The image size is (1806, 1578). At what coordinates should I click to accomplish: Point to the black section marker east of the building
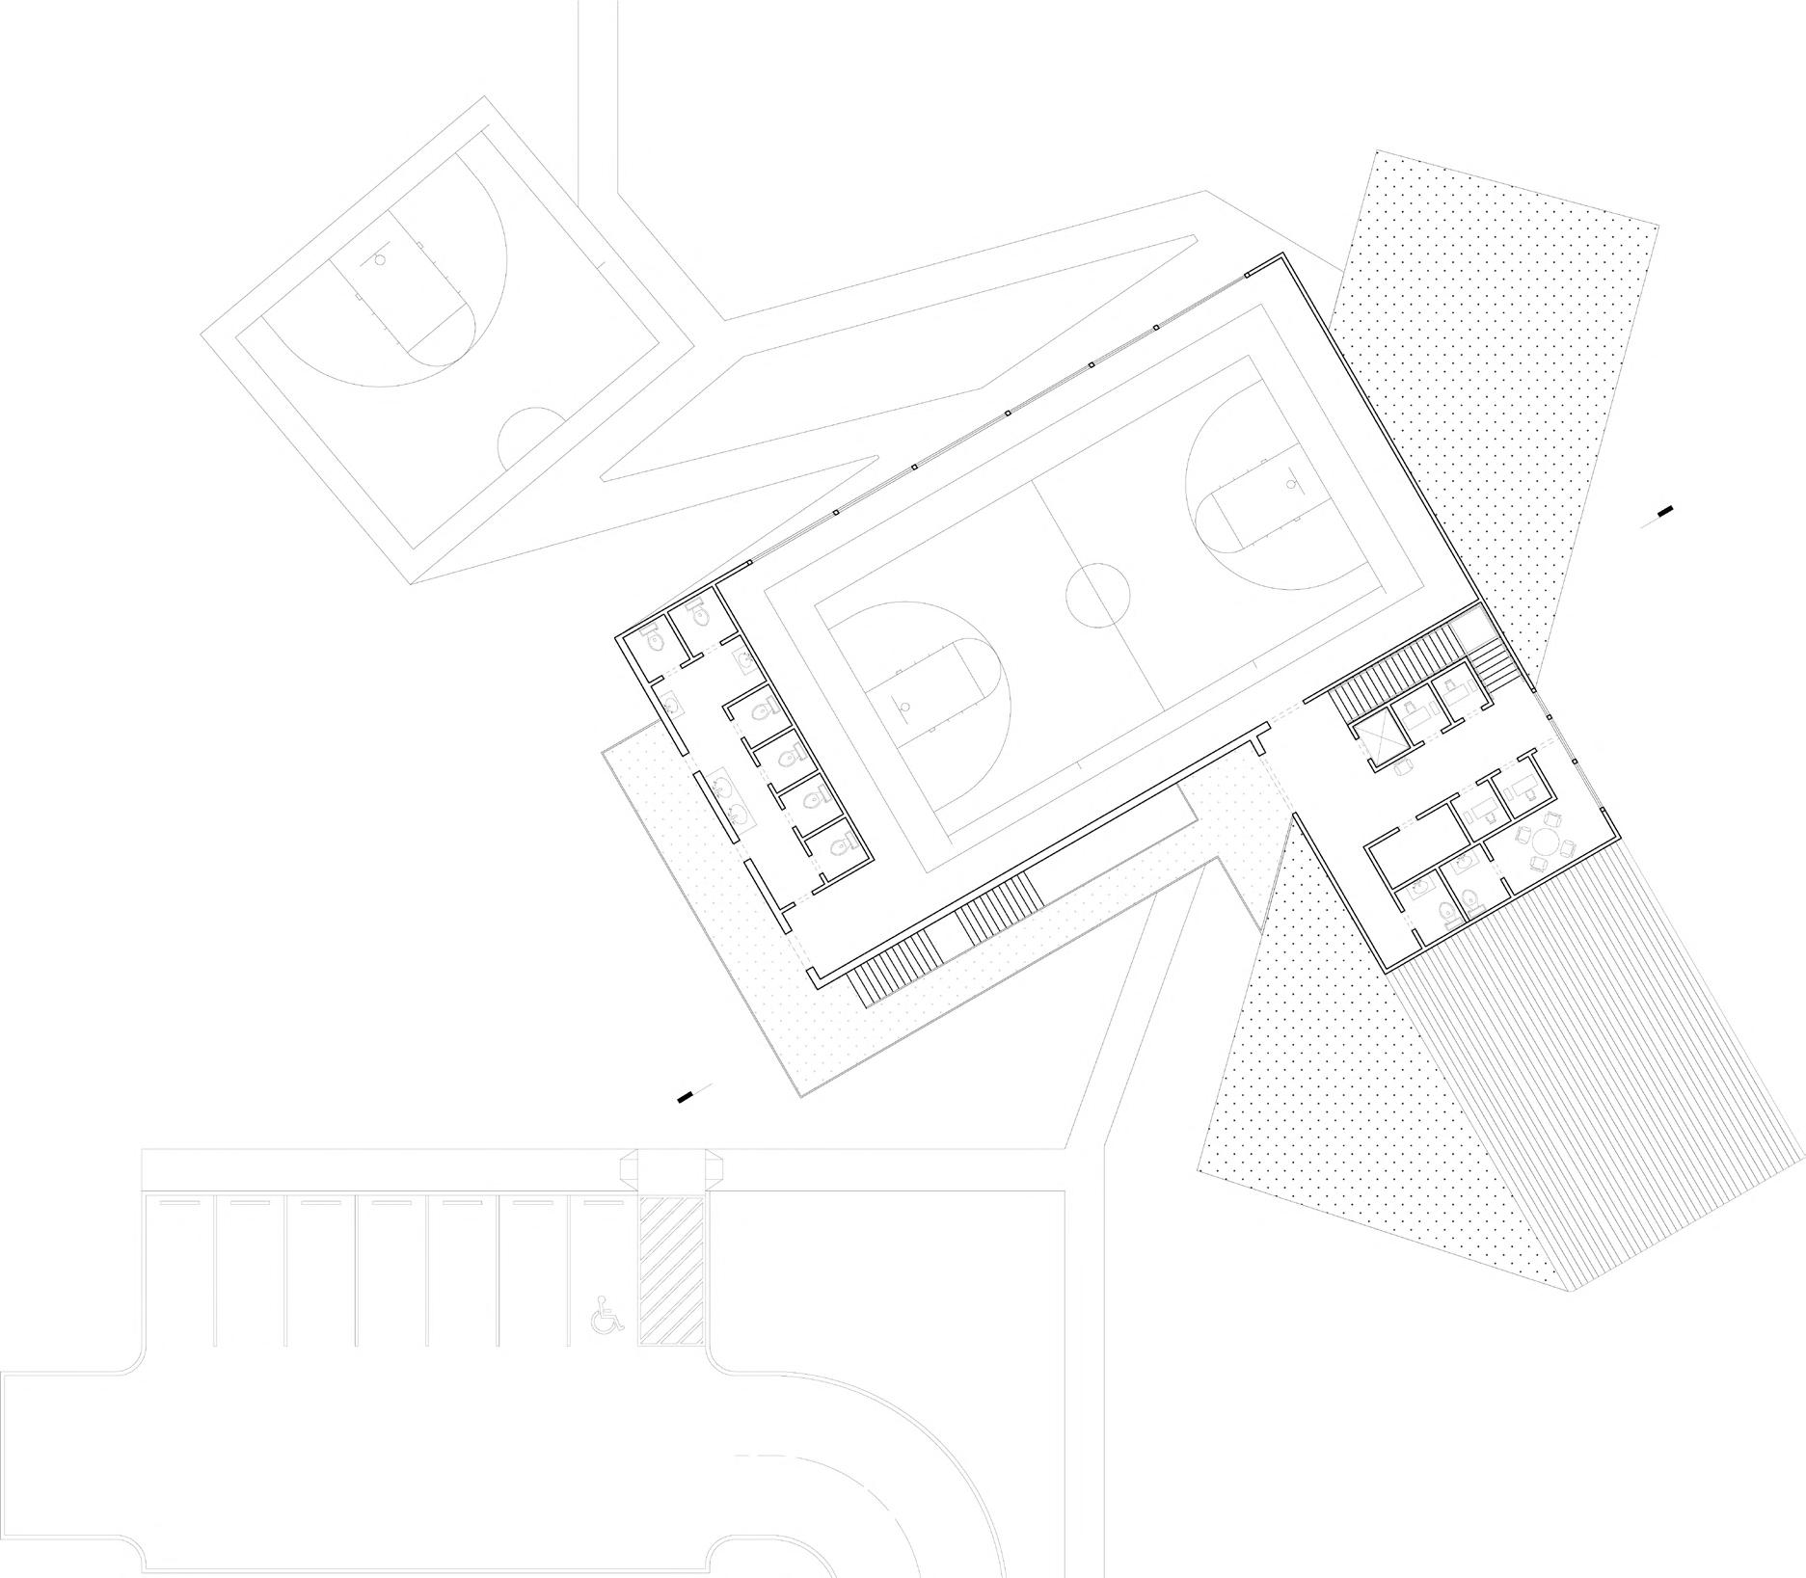[1665, 511]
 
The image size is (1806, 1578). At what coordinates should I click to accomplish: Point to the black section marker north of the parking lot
[686, 1096]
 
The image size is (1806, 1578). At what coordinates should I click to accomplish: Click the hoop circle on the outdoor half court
[380, 259]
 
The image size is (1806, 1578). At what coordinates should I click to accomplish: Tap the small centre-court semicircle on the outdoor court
[529, 434]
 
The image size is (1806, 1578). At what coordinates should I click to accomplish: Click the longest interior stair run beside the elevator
[1386, 666]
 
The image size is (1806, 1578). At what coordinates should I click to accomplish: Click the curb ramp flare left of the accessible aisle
[625, 1168]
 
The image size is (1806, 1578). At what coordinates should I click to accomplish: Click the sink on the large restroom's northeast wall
[744, 658]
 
